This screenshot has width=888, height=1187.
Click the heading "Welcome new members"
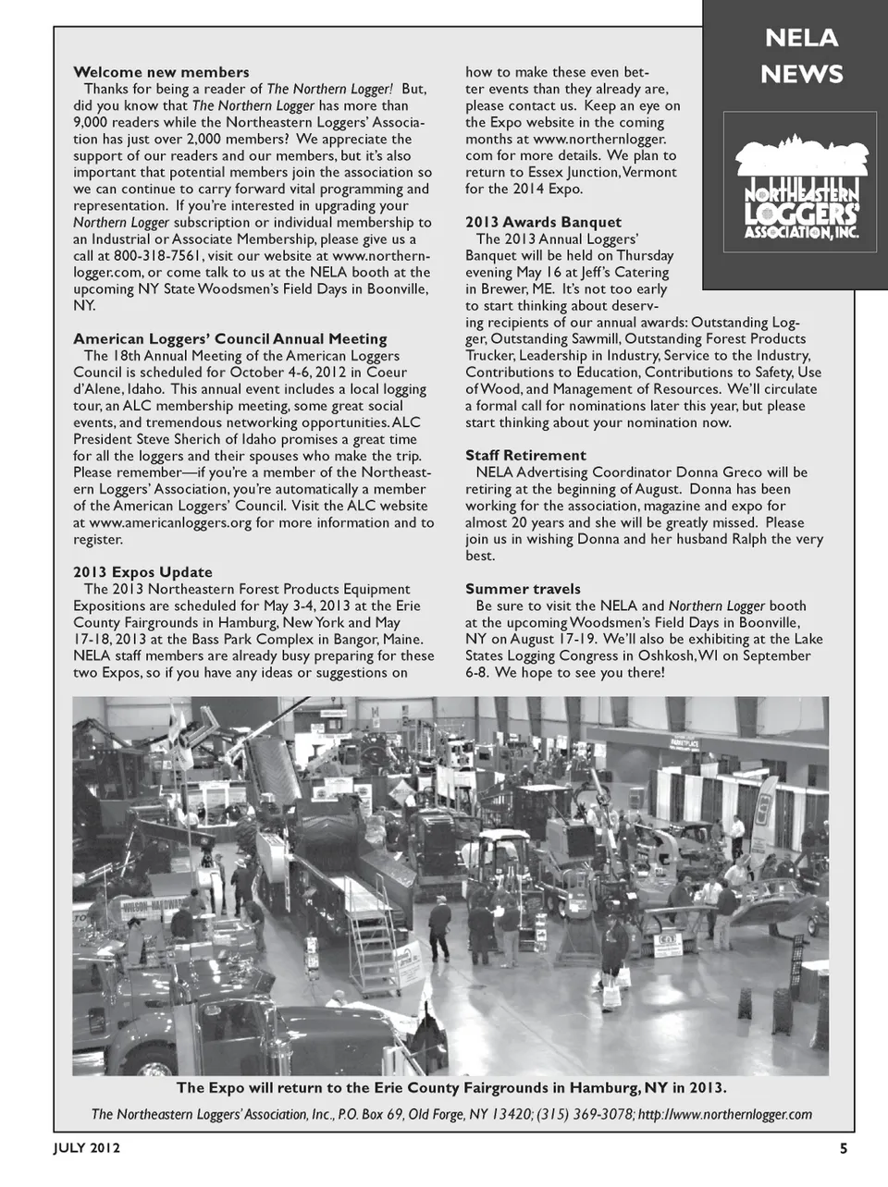(x=161, y=72)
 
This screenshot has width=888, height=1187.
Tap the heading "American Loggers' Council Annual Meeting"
(x=230, y=338)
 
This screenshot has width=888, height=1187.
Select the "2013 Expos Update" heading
(x=142, y=572)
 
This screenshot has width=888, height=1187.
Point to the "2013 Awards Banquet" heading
(x=543, y=222)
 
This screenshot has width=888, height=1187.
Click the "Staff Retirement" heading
(x=525, y=455)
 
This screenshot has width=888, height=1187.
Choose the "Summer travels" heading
(x=523, y=589)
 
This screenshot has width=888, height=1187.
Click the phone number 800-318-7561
(x=156, y=255)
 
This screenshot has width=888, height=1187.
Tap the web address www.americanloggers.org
(x=170, y=522)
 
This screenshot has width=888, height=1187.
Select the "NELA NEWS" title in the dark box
(x=801, y=55)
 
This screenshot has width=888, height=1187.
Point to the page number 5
(x=843, y=1149)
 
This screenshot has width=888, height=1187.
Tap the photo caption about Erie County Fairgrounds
(x=451, y=1087)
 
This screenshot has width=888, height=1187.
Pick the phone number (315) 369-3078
(x=585, y=1115)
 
